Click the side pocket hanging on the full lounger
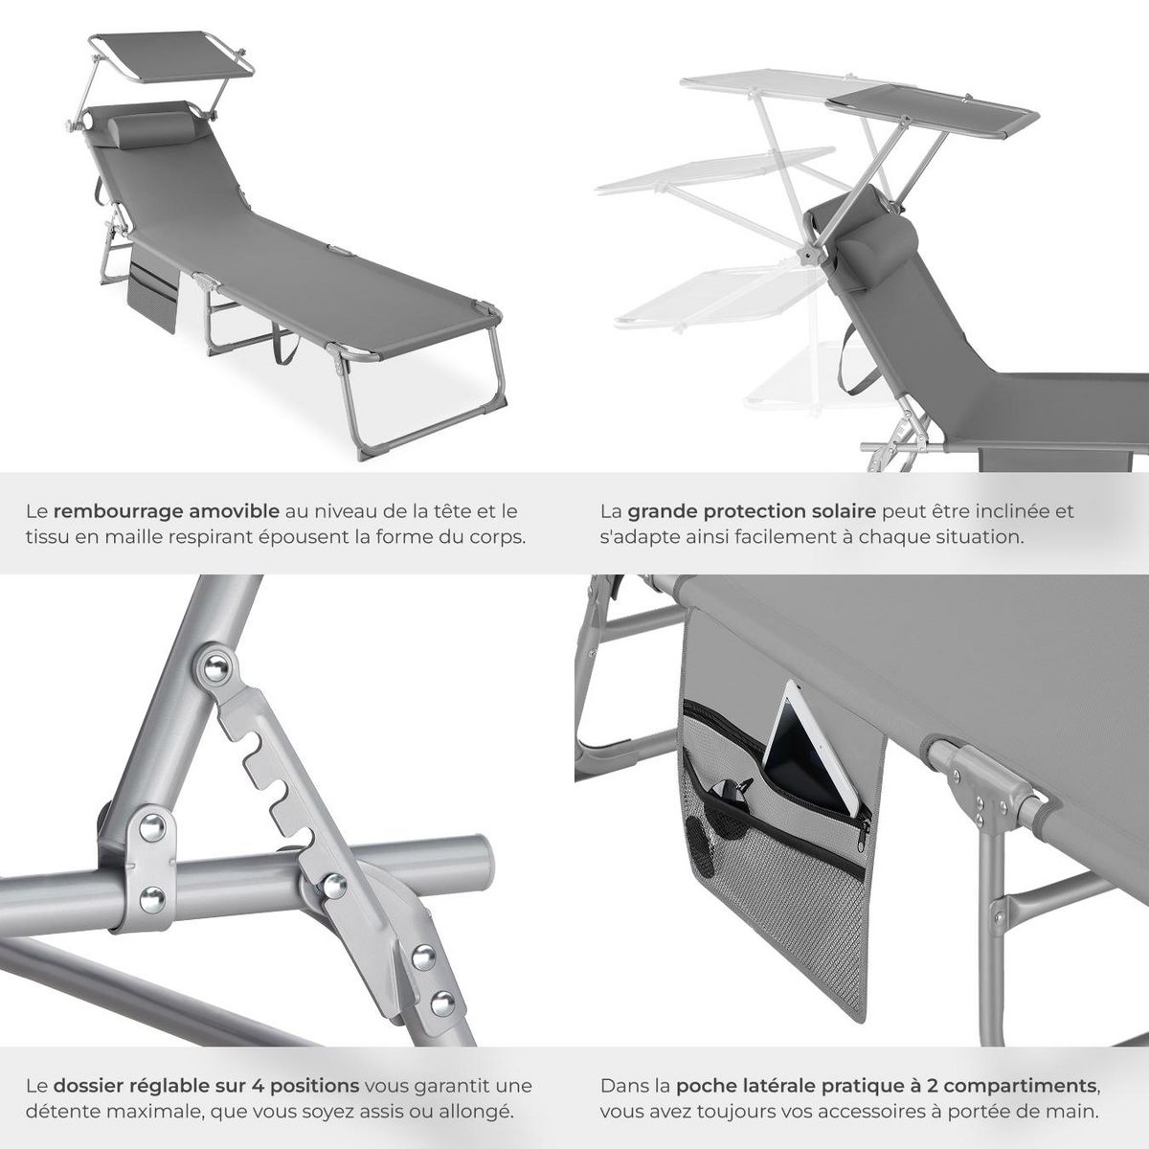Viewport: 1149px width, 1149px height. pyautogui.click(x=152, y=292)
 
